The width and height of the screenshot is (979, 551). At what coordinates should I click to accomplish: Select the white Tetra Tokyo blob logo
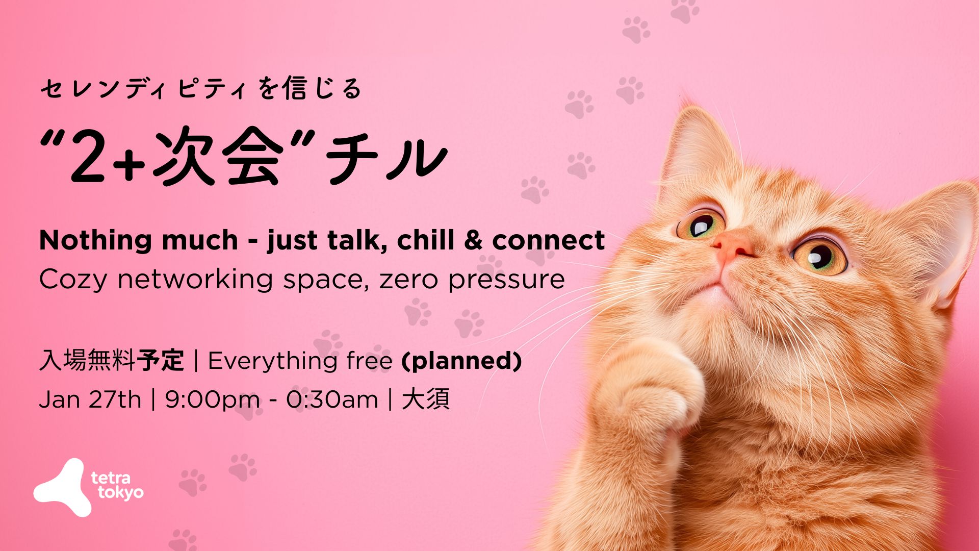[62, 487]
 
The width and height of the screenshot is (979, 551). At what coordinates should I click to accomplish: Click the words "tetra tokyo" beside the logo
[117, 486]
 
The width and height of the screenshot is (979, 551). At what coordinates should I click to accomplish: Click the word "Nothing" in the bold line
[94, 240]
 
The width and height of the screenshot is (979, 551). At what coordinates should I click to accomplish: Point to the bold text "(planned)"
[462, 361]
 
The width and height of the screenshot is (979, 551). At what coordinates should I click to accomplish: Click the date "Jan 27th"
[90, 399]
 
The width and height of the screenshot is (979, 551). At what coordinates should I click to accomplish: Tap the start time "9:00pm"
[212, 400]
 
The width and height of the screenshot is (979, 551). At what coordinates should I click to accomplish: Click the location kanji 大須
[426, 399]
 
